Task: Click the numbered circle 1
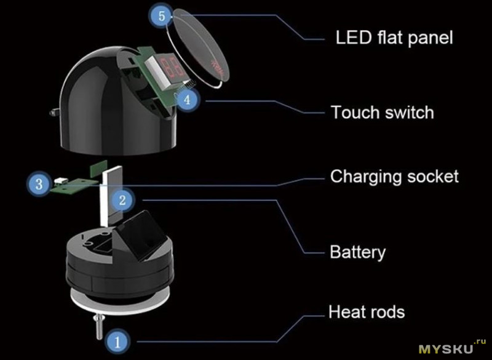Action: tap(117, 341)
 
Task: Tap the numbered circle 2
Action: tap(122, 200)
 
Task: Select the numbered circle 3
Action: tap(39, 184)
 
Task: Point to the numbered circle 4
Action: tap(187, 100)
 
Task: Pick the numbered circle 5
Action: tap(161, 16)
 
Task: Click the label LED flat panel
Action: tap(394, 38)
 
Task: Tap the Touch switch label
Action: tap(382, 112)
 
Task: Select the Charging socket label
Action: tap(394, 177)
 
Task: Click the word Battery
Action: tap(357, 252)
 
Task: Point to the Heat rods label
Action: tap(367, 312)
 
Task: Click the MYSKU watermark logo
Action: tap(452, 347)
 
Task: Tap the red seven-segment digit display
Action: tap(172, 68)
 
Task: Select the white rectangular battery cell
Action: tap(111, 196)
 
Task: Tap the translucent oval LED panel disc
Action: tap(200, 48)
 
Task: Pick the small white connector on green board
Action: tap(59, 182)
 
